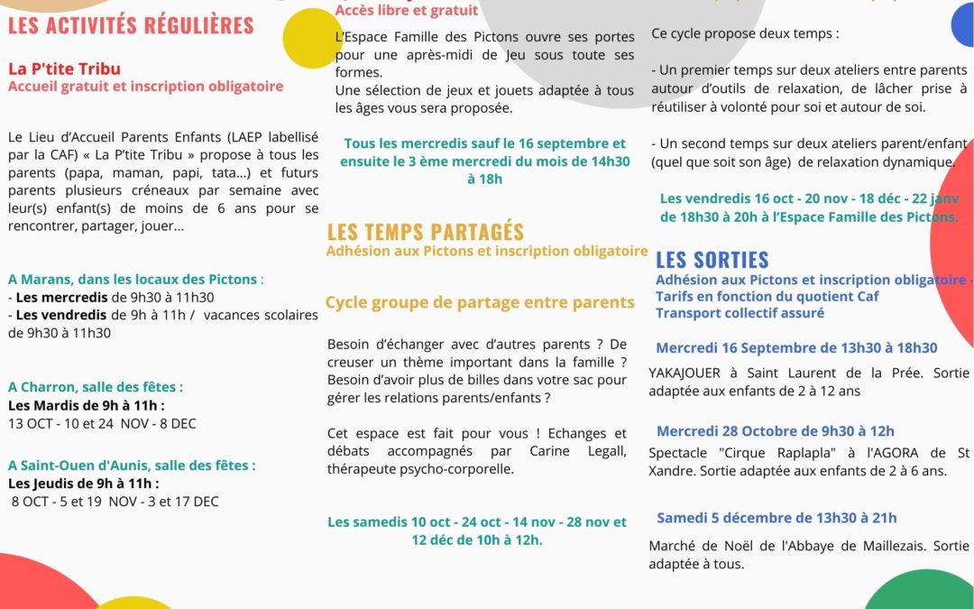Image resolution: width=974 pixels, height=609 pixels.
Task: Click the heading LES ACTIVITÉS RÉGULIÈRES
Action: [132, 24]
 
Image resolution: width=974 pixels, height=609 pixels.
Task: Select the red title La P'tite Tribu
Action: [64, 69]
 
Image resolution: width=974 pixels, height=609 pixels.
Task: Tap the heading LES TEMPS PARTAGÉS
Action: [425, 232]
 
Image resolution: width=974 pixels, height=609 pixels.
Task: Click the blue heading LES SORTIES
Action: [712, 260]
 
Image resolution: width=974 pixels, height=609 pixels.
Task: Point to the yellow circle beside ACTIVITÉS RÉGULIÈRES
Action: [312, 38]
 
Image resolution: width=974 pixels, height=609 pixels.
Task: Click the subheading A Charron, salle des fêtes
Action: [96, 386]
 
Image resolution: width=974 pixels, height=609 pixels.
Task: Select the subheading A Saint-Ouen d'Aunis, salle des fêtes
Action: [132, 465]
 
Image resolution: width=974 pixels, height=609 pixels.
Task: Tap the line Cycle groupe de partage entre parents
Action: [480, 302]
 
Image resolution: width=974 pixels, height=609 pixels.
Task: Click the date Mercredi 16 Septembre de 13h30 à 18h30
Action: [796, 347]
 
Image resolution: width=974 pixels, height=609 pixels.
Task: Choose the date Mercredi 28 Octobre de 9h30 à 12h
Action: [775, 430]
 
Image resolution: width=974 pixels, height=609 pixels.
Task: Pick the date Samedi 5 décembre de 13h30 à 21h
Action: [776, 517]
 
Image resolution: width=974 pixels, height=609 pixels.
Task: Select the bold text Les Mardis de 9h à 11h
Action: [84, 404]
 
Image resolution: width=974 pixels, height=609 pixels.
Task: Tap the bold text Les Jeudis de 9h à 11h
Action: [84, 483]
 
